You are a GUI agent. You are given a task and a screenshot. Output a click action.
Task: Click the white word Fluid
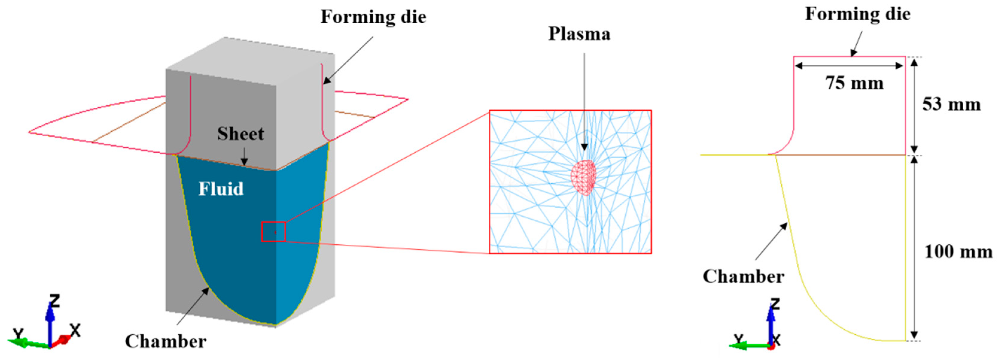(221, 189)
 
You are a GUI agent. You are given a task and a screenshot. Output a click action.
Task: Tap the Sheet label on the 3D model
(240, 134)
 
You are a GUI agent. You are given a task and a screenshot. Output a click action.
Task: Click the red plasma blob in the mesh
(583, 177)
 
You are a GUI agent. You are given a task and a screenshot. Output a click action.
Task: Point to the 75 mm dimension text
(854, 83)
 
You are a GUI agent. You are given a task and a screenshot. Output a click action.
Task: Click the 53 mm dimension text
(951, 105)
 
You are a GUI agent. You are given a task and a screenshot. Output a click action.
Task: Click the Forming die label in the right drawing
(858, 14)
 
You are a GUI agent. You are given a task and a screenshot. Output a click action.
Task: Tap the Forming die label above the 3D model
(373, 17)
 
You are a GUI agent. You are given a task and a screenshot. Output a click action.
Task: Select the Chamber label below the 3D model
(165, 341)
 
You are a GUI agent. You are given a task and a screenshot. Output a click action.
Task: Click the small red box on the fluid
(274, 232)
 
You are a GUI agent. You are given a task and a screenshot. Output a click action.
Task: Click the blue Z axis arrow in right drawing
(771, 326)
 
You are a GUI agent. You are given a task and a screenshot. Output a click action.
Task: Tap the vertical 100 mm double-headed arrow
(914, 248)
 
